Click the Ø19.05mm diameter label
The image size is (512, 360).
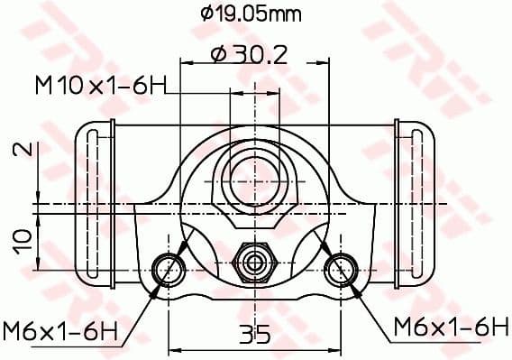(250, 14)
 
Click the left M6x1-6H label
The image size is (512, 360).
(60, 330)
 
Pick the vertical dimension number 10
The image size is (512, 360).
(26, 238)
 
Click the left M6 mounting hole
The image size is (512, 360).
(167, 267)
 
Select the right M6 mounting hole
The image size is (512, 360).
(342, 267)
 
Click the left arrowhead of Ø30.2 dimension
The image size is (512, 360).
(186, 62)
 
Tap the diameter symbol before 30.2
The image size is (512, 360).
(217, 55)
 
